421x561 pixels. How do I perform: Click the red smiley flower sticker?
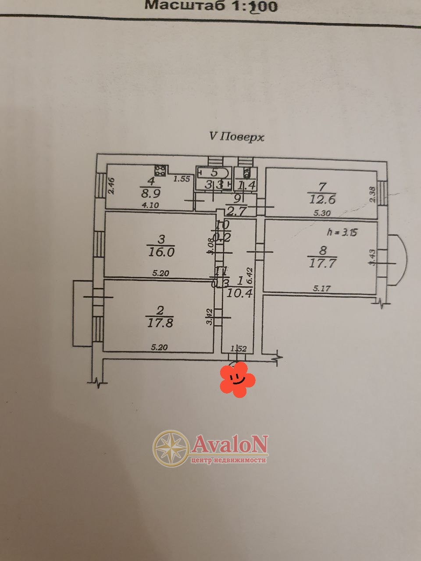237,379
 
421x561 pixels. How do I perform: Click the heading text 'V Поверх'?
237,137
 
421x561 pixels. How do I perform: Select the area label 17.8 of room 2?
160,323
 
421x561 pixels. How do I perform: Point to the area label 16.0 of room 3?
161,252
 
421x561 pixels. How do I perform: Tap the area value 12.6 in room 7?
322,200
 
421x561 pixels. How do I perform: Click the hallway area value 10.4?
239,293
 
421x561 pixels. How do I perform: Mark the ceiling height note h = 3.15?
342,232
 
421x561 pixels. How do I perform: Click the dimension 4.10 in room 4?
150,205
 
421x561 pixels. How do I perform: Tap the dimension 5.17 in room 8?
322,288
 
